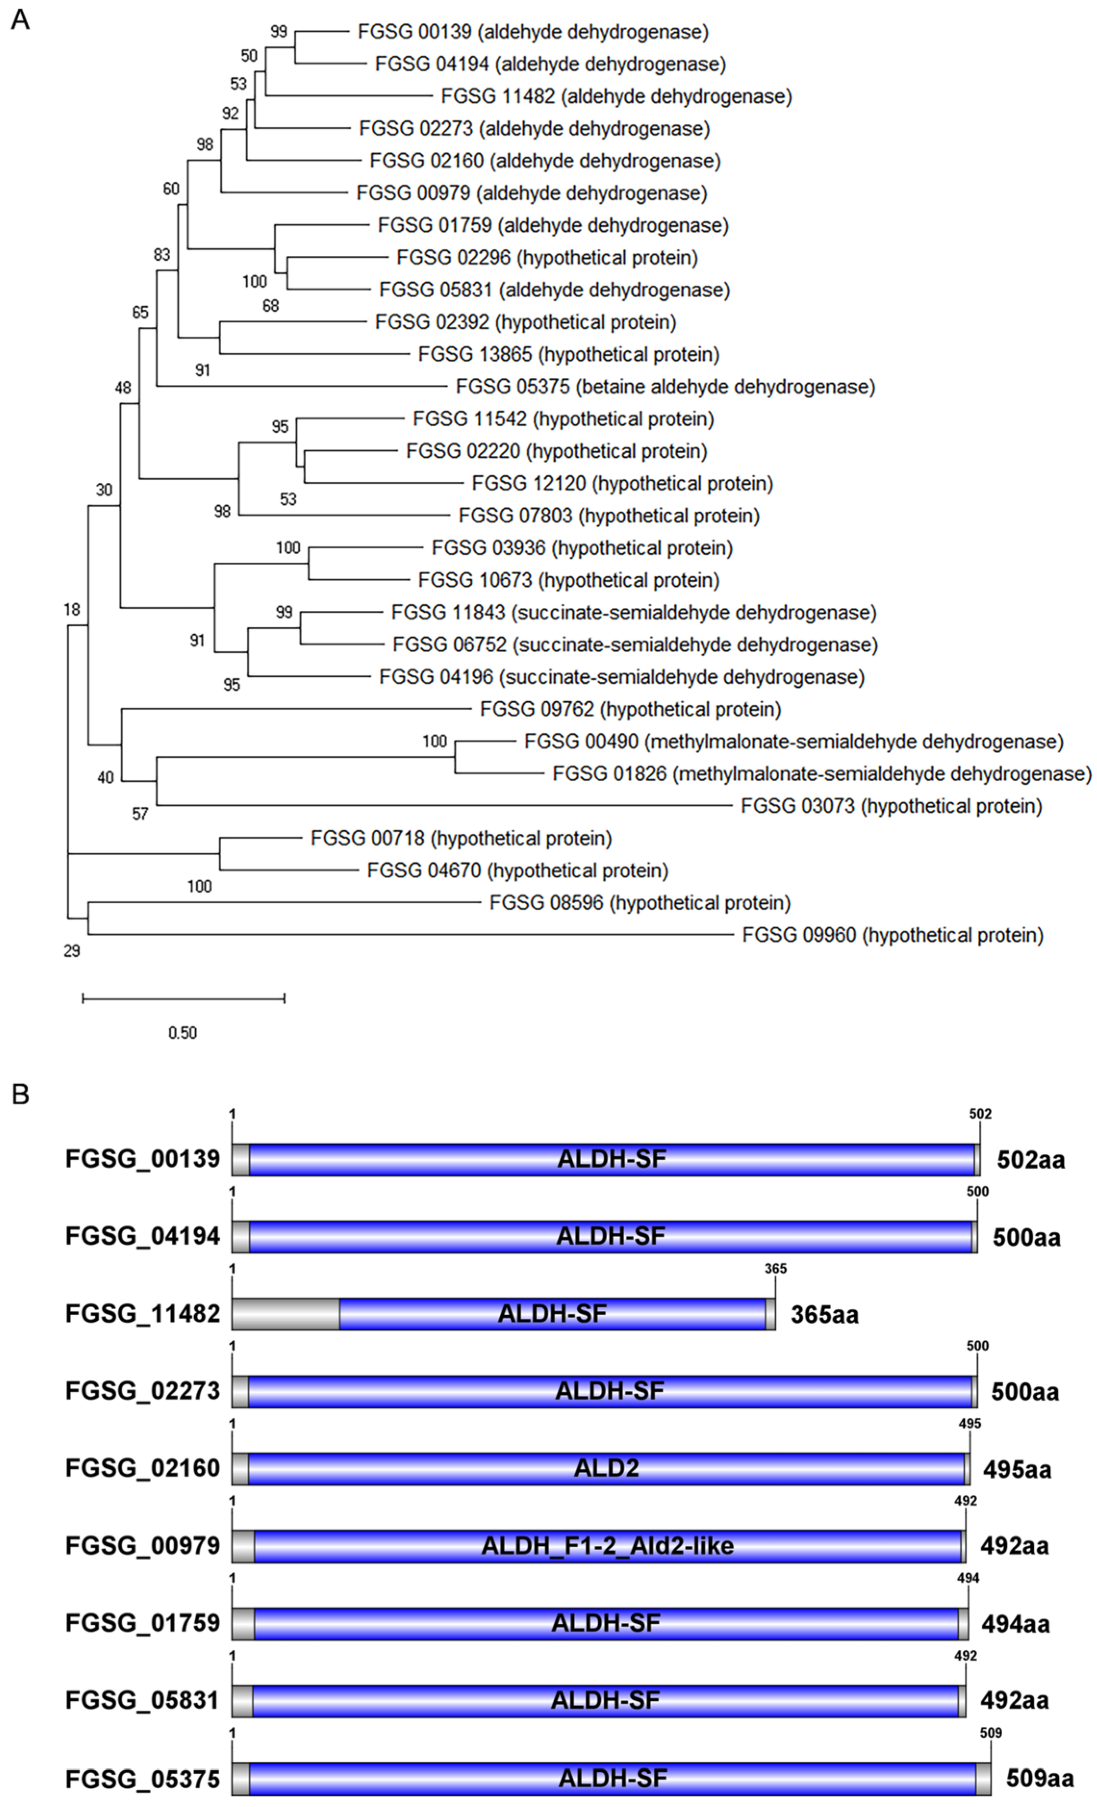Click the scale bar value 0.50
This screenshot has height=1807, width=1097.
183,1033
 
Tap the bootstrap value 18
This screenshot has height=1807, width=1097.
72,609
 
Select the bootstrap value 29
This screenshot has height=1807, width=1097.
72,951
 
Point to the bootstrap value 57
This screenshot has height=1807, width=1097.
140,813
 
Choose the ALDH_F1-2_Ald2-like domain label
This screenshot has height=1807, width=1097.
607,1546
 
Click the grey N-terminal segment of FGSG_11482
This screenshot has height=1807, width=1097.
285,1314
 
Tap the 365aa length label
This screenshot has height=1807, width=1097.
824,1315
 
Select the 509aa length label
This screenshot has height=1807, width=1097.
1039,1779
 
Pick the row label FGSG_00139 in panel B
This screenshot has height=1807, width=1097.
142,1159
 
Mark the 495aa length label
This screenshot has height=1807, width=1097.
1017,1470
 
